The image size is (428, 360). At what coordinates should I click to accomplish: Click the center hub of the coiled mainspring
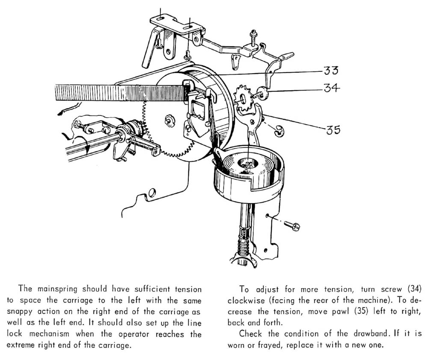(x=247, y=163)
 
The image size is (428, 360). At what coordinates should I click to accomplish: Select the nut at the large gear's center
(x=169, y=120)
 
